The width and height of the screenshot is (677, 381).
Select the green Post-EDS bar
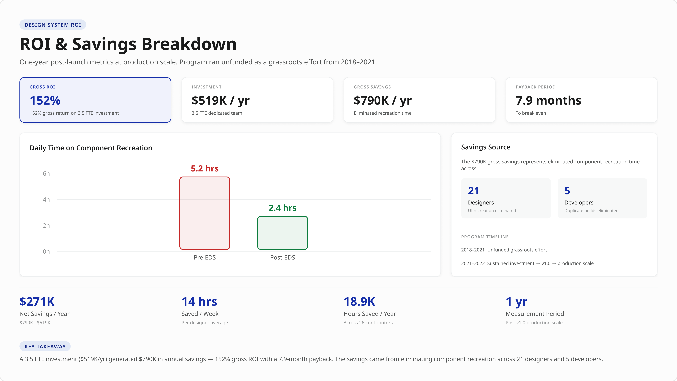283,233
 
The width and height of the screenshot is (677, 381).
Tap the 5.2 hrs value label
205,168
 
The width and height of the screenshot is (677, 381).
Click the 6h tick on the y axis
46,174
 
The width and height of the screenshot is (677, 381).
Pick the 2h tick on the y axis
46,225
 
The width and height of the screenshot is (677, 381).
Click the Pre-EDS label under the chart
205,257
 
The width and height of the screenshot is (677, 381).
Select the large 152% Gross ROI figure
45,100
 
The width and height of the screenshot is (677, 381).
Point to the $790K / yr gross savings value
382,100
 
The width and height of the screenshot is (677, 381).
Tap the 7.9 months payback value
548,100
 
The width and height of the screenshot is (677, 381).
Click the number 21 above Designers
473,191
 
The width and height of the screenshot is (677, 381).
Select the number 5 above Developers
567,191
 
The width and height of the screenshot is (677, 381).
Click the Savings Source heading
486,147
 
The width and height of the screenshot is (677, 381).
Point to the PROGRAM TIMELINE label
485,237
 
